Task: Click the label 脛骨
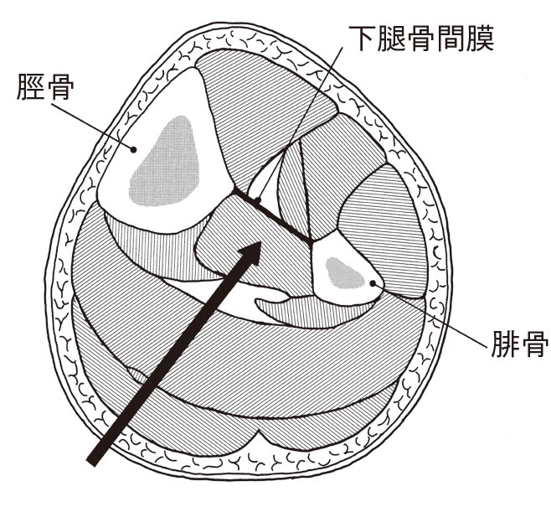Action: pyautogui.click(x=45, y=86)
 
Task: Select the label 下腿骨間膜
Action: pyautogui.click(x=421, y=38)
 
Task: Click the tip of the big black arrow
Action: pyautogui.click(x=261, y=242)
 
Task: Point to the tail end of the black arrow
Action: pyautogui.click(x=91, y=462)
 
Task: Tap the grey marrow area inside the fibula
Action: pyautogui.click(x=344, y=273)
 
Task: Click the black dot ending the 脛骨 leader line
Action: pyautogui.click(x=133, y=150)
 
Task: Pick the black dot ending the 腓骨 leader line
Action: pyautogui.click(x=373, y=282)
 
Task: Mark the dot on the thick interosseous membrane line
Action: pyautogui.click(x=258, y=201)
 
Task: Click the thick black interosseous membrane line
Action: pyautogui.click(x=272, y=216)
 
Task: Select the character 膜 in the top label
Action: pyautogui.click(x=481, y=38)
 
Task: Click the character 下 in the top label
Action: pyautogui.click(x=362, y=38)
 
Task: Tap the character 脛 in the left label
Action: pyautogui.click(x=31, y=86)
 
